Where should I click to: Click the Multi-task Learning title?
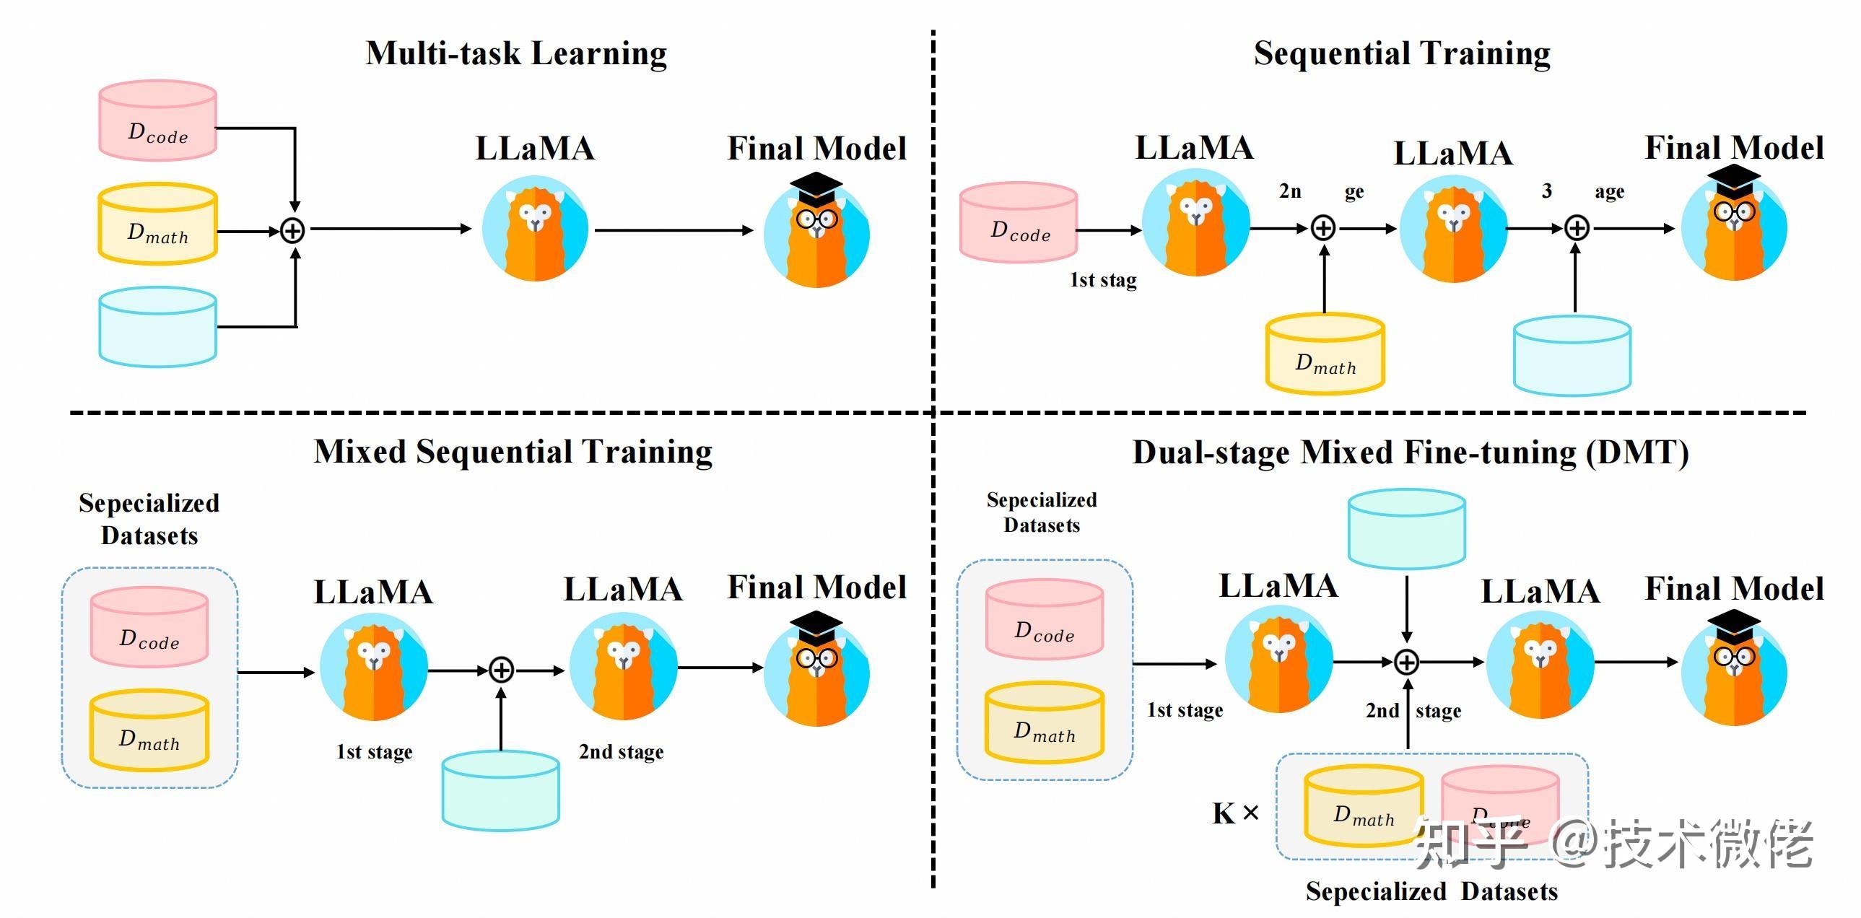point(516,54)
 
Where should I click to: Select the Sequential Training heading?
point(1402,54)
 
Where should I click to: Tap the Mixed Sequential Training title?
point(513,452)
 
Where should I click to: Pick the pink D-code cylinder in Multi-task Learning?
point(157,121)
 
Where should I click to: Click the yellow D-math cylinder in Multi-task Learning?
point(157,224)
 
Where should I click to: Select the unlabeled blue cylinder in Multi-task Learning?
point(157,327)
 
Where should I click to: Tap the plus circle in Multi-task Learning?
point(292,231)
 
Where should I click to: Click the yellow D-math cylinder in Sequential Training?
point(1325,354)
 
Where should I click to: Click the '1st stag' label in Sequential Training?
point(1102,279)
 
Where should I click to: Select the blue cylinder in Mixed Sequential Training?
point(501,791)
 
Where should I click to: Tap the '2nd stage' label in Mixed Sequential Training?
point(621,752)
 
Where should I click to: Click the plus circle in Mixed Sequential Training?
point(502,670)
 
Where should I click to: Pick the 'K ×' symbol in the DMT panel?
point(1235,813)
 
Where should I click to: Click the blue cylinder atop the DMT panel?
point(1407,529)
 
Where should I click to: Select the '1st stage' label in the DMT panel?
point(1185,710)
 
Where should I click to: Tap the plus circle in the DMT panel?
point(1407,662)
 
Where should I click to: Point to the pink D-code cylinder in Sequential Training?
point(1019,222)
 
